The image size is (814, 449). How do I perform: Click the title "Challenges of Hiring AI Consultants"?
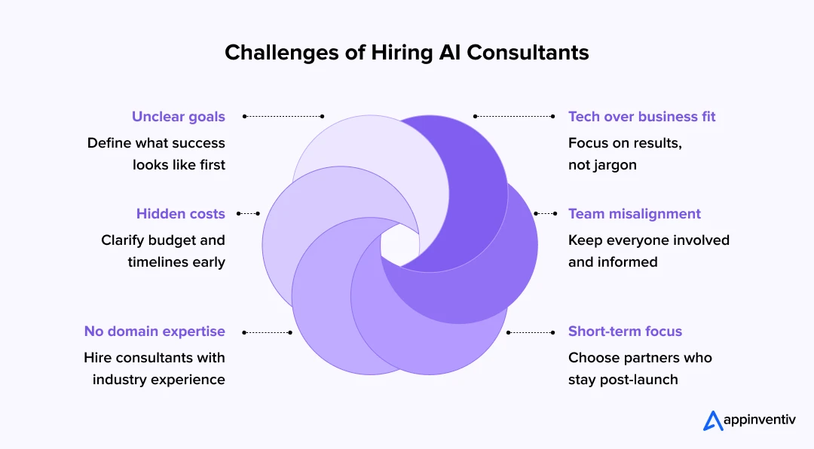pos(407,53)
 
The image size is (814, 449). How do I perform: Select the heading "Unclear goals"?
pos(178,117)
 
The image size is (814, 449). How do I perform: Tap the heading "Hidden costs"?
pos(180,214)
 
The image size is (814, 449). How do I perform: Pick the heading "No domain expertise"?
pos(155,331)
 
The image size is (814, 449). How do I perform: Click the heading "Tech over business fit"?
pos(641,117)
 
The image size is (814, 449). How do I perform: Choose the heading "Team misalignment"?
pos(634,214)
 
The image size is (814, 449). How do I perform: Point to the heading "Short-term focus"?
pos(625,331)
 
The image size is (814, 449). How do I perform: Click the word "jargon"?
pos(614,165)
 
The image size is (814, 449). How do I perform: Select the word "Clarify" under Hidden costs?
pos(124,240)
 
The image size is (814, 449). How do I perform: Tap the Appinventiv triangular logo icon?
pos(713,420)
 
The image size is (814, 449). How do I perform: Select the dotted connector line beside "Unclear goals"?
pos(283,117)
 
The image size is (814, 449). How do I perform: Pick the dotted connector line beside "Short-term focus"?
pos(531,331)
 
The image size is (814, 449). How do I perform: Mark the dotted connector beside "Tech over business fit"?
pos(515,117)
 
